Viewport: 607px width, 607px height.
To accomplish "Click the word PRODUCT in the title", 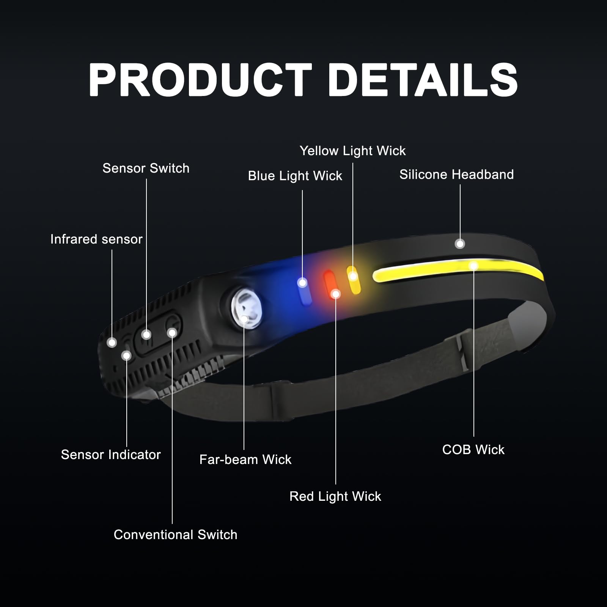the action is [x=200, y=80].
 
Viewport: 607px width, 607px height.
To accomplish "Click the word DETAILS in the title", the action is [x=423, y=80].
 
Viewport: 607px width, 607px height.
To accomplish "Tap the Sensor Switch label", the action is [x=146, y=168].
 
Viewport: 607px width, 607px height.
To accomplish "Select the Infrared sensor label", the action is [x=96, y=239].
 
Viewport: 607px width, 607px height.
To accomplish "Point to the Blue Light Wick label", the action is [x=295, y=176].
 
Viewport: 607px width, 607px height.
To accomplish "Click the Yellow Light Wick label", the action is [x=353, y=151].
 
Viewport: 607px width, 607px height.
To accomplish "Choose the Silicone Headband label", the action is [x=457, y=175].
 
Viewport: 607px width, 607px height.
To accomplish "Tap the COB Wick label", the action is [x=473, y=450].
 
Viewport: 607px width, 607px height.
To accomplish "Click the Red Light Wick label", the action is [x=335, y=496].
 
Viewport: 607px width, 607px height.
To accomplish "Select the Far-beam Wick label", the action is [x=245, y=459].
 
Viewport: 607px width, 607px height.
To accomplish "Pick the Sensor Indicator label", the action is [x=111, y=454].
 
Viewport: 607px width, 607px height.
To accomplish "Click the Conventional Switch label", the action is [x=176, y=535].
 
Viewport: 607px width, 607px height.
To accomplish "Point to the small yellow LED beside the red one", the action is [x=354, y=280].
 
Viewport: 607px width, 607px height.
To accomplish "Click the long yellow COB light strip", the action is [x=457, y=269].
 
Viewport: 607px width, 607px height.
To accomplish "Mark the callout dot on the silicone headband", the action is [x=460, y=244].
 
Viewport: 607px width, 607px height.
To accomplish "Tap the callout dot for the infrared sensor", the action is [x=112, y=343].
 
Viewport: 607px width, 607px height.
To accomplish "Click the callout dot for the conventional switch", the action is [x=172, y=333].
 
